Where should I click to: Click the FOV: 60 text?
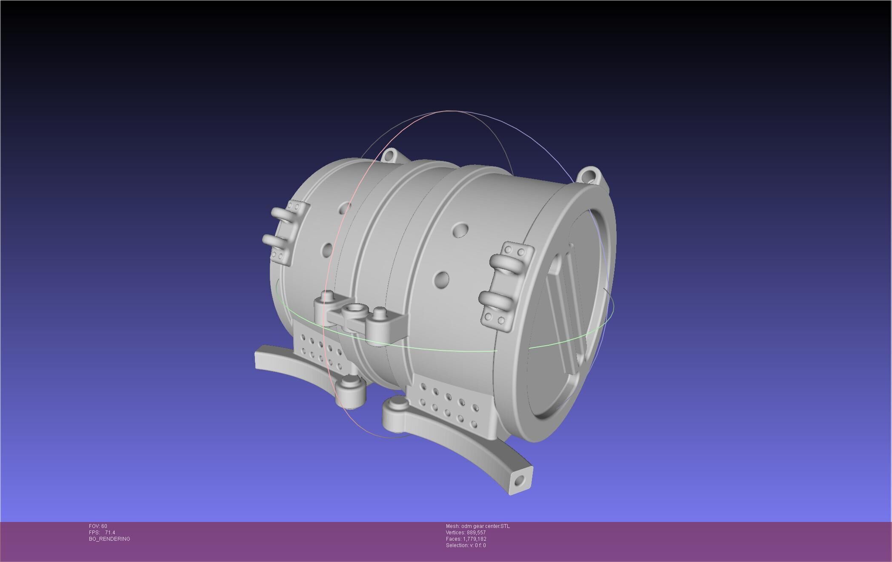[98, 526]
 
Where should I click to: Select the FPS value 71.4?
[110, 533]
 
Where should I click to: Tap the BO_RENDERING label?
[109, 539]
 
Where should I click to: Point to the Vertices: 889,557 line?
[466, 533]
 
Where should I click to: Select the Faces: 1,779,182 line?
[466, 539]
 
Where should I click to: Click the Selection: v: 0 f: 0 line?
[466, 545]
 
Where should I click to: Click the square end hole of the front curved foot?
[518, 482]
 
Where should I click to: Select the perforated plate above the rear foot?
[321, 351]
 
